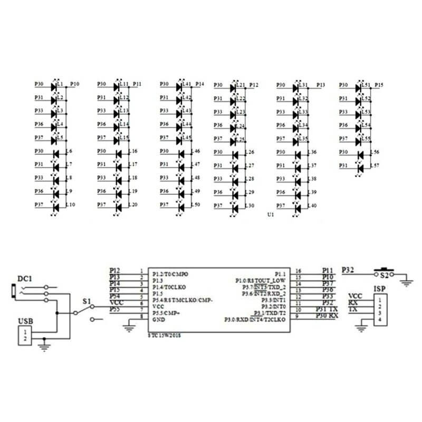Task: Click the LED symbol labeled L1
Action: pos(53,85)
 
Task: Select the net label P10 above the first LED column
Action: pos(75,84)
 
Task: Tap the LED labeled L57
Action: pos(360,168)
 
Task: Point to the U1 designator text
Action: pos(271,216)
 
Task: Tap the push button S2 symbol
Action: pos(385,272)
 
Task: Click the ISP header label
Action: pos(379,289)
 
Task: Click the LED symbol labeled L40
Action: pos(297,206)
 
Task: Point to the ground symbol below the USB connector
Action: pos(45,347)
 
